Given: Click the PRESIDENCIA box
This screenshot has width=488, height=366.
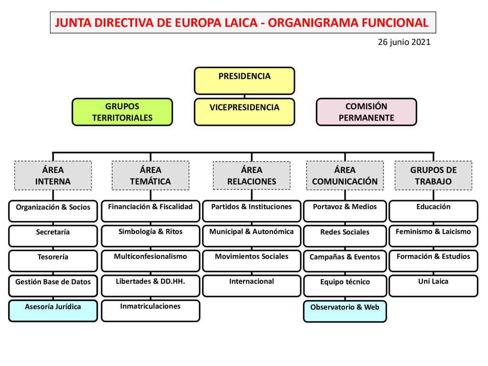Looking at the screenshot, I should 244,81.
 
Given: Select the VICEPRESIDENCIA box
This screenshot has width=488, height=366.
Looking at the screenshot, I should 244,112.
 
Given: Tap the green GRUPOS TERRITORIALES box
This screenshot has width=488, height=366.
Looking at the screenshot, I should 122,112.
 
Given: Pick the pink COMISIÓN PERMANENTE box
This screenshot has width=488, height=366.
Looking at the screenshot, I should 366,112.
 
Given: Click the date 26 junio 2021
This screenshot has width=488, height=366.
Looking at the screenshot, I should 404,42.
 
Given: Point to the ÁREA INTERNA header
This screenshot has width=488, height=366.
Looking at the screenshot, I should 53,175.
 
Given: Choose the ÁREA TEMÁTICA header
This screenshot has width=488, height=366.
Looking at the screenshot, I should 150,175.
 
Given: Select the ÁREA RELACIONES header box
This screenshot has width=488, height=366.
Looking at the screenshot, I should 252,175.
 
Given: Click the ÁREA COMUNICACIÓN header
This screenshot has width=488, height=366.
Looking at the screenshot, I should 345,175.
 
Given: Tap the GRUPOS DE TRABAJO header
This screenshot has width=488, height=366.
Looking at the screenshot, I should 433,175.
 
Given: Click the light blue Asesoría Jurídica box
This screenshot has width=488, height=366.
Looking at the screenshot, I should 53,310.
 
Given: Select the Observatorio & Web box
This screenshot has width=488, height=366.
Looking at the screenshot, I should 345,311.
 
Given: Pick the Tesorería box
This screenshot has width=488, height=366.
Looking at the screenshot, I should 53,260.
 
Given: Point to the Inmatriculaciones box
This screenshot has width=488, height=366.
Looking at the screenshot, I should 150,310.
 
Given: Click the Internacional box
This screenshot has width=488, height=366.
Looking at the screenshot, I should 252,285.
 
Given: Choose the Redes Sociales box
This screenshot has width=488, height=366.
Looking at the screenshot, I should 345,235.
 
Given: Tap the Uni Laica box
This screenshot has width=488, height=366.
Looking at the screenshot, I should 433,285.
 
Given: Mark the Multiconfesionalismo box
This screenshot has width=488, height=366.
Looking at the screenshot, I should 150,260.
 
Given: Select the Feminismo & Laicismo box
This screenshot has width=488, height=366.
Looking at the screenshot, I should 433,235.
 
